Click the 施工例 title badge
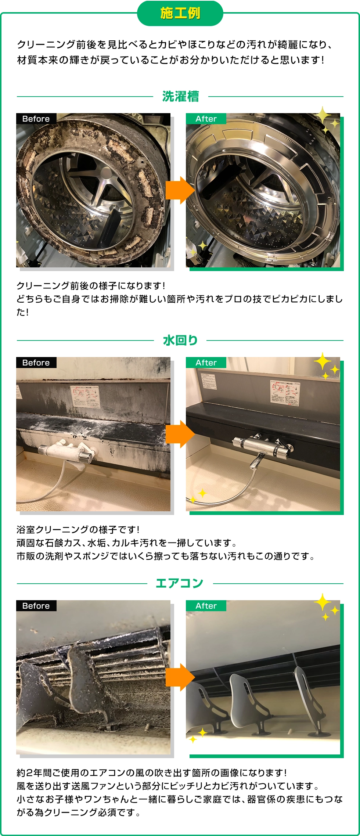click(180, 13)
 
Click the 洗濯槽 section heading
click(180, 97)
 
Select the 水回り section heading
click(180, 340)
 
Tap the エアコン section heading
click(180, 583)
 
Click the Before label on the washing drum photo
click(36, 119)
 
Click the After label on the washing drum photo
click(206, 119)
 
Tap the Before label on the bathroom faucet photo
click(36, 363)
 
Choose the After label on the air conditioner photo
click(206, 606)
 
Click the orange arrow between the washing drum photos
click(180, 190)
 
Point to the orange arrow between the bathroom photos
click(180, 434)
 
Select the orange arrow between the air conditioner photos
click(180, 677)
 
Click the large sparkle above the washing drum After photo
click(322, 115)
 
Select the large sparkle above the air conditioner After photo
click(322, 602)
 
